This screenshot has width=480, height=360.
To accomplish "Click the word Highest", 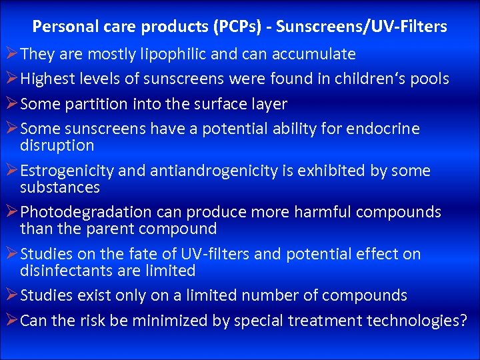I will click(x=47, y=79).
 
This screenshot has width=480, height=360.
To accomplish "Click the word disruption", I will click(x=57, y=145).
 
